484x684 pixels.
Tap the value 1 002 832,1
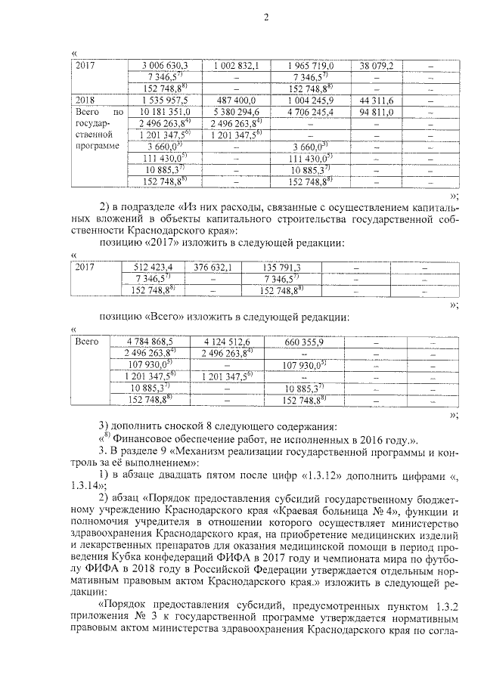point(236,66)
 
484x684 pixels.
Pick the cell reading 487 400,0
point(236,100)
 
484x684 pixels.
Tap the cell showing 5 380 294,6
point(236,111)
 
